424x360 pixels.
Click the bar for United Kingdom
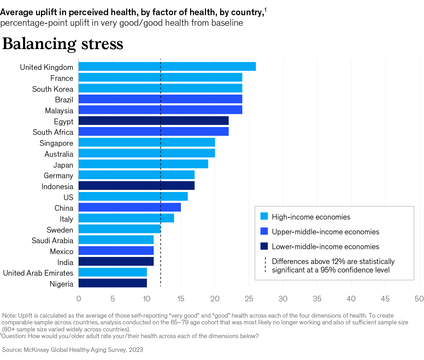click(167, 67)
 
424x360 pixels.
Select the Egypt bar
click(153, 121)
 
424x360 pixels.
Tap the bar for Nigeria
click(112, 283)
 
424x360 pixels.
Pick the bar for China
click(129, 208)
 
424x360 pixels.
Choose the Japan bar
click(143, 164)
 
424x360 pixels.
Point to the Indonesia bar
click(136, 186)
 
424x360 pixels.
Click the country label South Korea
click(53, 89)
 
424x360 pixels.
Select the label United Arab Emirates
click(38, 273)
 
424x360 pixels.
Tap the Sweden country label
click(60, 230)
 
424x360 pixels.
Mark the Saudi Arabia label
click(52, 241)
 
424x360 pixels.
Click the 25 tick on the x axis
click(249, 299)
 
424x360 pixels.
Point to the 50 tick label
click(419, 299)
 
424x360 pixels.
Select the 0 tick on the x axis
click(78, 299)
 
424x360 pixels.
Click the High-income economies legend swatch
click(264, 217)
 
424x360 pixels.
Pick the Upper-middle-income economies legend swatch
click(264, 232)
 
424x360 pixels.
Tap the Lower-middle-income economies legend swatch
click(264, 246)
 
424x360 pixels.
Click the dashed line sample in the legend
click(265, 265)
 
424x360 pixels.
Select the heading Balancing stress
click(63, 44)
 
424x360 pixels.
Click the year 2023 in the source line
click(136, 350)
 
